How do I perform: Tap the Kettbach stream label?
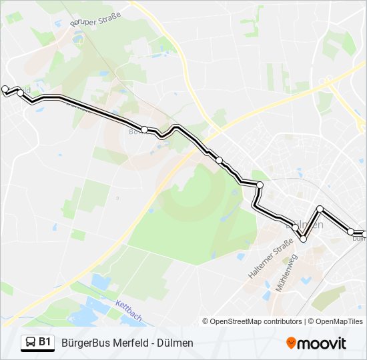(129, 311)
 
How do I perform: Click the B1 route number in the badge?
(45, 342)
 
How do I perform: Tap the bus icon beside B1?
(31, 343)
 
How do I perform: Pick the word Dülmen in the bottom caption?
(176, 343)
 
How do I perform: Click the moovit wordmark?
(322, 343)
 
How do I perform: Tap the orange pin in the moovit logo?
(292, 343)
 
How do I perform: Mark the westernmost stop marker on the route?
(5, 89)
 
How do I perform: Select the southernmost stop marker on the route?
(303, 239)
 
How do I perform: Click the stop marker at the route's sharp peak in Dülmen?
(320, 209)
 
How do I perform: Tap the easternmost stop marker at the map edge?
(364, 231)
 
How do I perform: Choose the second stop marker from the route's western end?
(20, 93)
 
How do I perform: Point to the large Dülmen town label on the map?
(308, 225)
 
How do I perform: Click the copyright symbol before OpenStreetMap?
(206, 321)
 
